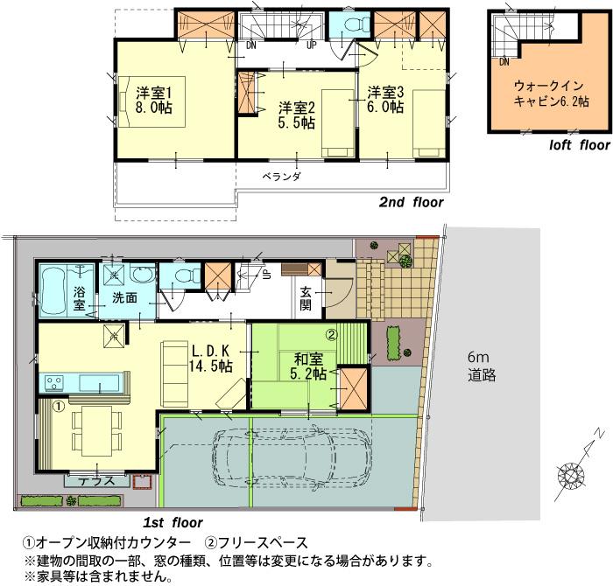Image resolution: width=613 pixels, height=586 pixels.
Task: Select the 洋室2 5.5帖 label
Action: point(297,115)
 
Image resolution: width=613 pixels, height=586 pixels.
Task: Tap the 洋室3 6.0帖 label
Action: point(385,99)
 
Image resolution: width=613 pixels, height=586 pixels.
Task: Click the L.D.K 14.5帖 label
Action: point(211,357)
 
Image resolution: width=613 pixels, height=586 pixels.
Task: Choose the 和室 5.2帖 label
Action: point(307,365)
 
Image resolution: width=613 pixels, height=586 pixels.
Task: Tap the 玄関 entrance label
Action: point(306,298)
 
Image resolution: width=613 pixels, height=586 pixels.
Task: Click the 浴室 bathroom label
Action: point(79,297)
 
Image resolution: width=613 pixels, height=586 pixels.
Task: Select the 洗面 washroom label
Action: point(124,297)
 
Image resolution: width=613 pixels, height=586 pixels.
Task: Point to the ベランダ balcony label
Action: point(282,176)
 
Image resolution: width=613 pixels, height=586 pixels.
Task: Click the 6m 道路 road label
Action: point(481,367)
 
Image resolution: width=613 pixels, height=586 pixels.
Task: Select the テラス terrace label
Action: point(91,480)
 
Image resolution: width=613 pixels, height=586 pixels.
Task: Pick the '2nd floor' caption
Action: point(410,201)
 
